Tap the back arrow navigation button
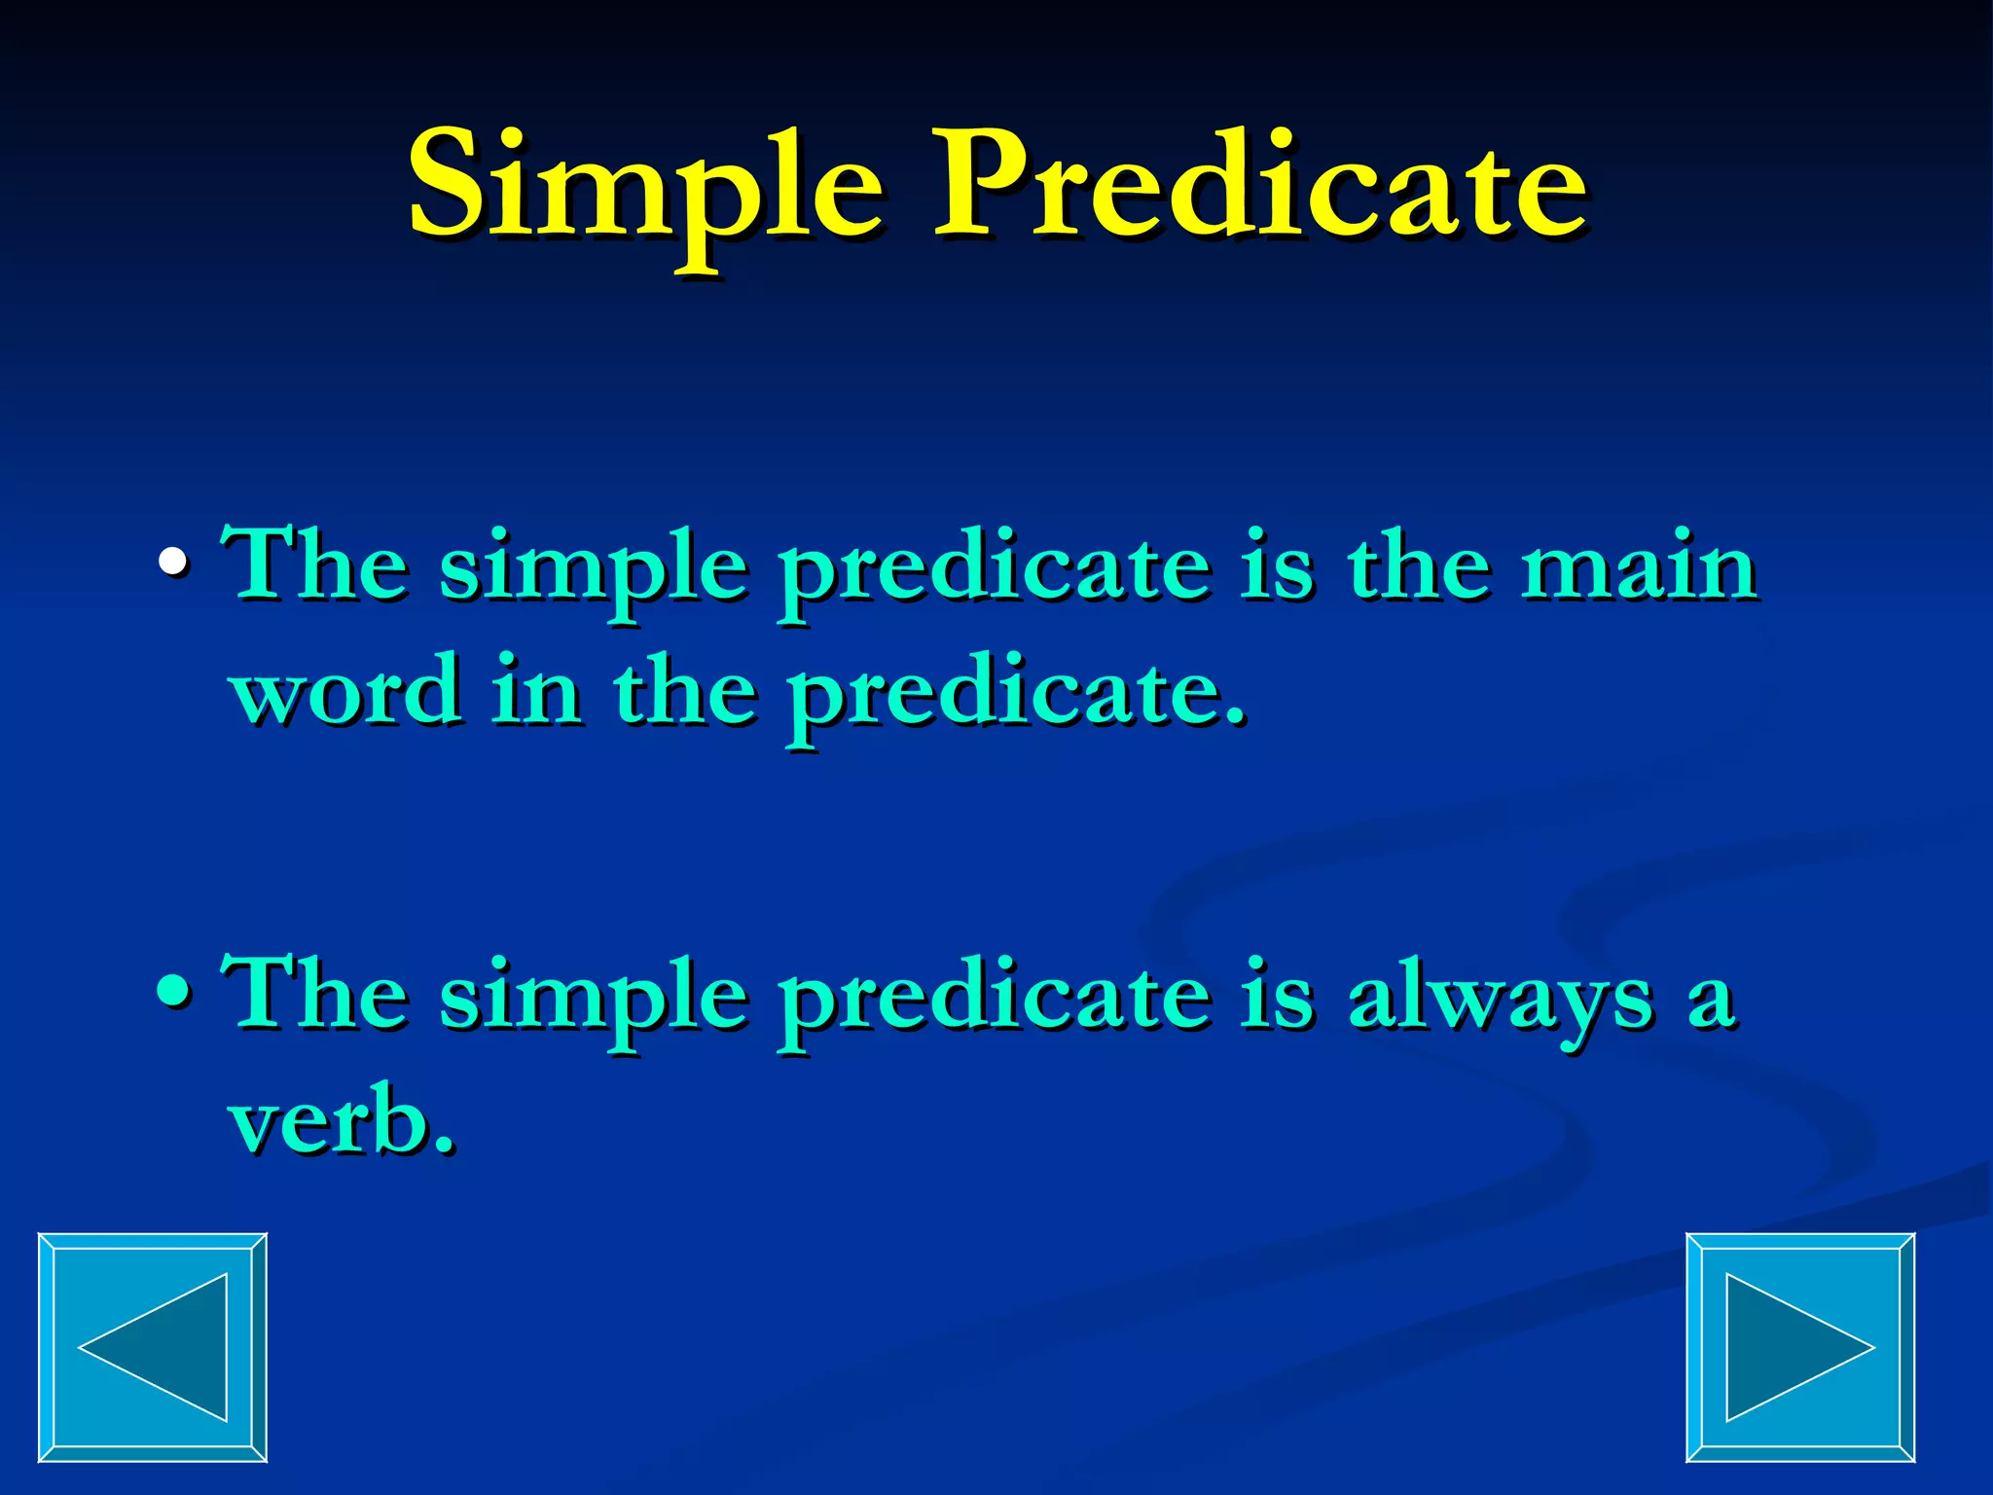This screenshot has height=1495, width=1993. pos(153,1347)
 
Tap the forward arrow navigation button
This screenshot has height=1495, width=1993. pos(1800,1347)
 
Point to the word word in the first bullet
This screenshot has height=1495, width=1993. pos(345,691)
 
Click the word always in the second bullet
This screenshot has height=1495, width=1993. pos(1499,1001)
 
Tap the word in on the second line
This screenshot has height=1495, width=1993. pos(536,691)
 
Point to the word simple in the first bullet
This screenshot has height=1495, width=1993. pos(593,574)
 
